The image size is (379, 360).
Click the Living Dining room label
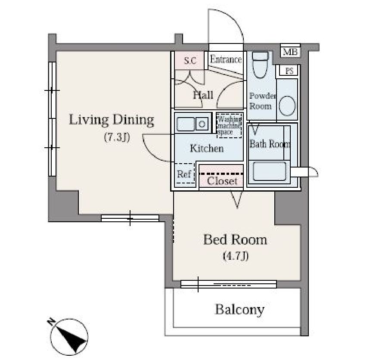[x=112, y=120]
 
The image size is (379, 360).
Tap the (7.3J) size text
[x=117, y=137]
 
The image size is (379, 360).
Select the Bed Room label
[x=235, y=240]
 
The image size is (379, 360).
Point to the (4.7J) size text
[x=236, y=256]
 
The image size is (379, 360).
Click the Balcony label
[x=239, y=310]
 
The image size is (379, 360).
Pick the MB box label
[x=290, y=52]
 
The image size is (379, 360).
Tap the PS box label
[x=289, y=71]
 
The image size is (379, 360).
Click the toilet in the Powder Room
[x=260, y=65]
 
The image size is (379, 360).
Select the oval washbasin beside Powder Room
[x=287, y=106]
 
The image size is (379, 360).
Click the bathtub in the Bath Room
[x=269, y=171]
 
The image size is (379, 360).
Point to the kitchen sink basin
[x=186, y=124]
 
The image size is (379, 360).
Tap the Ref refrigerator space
[x=184, y=174]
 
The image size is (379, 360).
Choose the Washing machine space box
[x=229, y=126]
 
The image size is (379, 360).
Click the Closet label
[x=222, y=181]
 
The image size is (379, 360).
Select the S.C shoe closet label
[x=190, y=60]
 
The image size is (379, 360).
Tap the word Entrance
[x=226, y=59]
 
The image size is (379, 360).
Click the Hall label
[x=203, y=95]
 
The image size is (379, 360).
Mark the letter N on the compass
[x=51, y=321]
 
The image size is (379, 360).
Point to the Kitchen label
[x=207, y=148]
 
